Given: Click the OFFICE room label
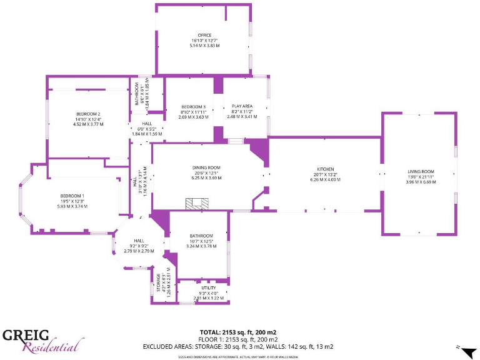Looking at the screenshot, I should tap(204, 35).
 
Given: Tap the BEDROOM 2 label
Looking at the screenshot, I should tap(88, 114).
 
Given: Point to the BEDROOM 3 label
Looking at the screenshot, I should tap(193, 106).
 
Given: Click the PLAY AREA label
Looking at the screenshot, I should tap(242, 106).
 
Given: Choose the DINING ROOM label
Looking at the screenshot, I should tap(206, 167).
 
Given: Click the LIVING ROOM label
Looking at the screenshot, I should tap(421, 171).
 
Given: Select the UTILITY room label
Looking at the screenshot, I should tap(208, 287).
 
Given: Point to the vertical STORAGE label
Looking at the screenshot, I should tap(159, 283).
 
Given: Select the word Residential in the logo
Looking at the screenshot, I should tap(53, 345).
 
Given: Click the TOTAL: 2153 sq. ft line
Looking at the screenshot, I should tap(237, 332).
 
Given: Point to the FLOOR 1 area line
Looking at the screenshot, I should tap(237, 339).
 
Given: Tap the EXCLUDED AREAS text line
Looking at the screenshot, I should tap(237, 346).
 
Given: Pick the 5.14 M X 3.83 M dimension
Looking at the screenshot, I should tap(204, 46).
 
